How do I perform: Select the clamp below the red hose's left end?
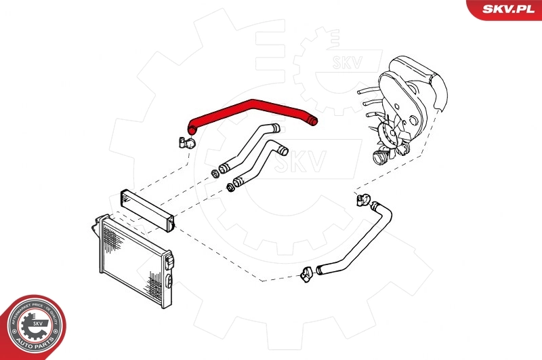[x=186, y=143]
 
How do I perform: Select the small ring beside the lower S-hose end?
[x=230, y=185]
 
